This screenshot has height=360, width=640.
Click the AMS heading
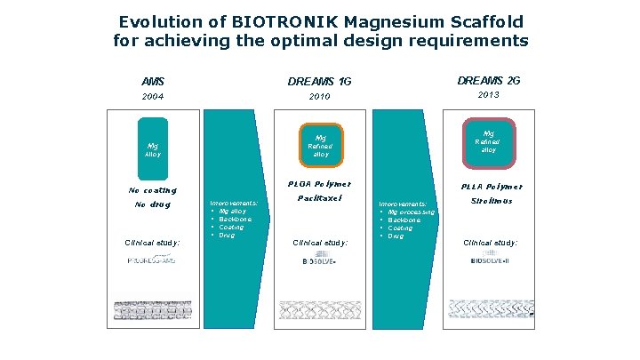point(153,82)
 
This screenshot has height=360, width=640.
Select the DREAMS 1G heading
point(320,82)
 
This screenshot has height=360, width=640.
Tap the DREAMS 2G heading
point(489,81)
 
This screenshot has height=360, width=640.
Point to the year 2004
point(153,96)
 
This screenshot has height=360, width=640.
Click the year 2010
point(320,96)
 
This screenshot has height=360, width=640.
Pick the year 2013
point(489,95)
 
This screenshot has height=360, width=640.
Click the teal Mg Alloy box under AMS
point(153,148)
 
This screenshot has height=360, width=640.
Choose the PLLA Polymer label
point(491,187)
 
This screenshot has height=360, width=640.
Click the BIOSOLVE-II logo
point(490,260)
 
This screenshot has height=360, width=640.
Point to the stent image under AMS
point(153,309)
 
